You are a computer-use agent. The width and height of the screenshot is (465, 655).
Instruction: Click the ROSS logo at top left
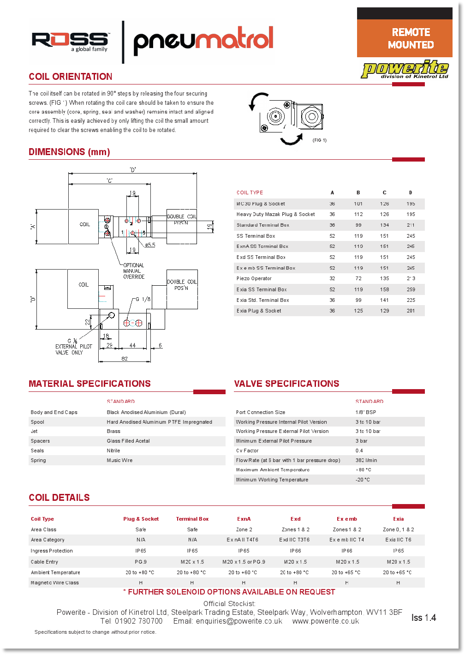(70, 41)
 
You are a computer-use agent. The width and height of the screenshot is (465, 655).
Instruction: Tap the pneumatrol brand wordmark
(203, 40)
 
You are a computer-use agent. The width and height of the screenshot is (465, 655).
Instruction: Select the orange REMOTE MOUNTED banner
(405, 38)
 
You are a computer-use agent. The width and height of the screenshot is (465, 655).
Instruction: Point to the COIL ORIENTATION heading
(71, 77)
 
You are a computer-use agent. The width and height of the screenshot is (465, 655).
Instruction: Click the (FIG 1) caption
(319, 140)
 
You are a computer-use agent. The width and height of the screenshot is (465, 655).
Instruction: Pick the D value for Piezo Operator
(411, 278)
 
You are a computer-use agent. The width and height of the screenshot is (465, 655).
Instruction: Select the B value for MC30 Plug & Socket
(358, 204)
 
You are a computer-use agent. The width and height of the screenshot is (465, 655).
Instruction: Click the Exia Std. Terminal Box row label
(262, 300)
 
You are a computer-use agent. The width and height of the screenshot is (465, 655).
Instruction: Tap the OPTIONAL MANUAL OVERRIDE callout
(134, 271)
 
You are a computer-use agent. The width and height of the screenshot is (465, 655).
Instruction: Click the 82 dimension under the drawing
(125, 359)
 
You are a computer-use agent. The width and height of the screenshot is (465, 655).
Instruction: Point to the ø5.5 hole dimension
(150, 245)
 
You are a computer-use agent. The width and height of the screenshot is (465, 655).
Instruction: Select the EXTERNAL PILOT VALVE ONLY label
(74, 349)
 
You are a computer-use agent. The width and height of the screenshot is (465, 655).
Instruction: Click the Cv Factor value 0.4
(359, 451)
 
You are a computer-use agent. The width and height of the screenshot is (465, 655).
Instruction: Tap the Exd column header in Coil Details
(295, 519)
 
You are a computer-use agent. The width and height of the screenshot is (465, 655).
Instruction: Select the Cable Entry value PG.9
(141, 562)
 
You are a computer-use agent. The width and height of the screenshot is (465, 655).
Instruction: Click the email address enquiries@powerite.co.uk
(239, 621)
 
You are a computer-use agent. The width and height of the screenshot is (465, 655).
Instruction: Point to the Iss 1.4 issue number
(423, 618)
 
